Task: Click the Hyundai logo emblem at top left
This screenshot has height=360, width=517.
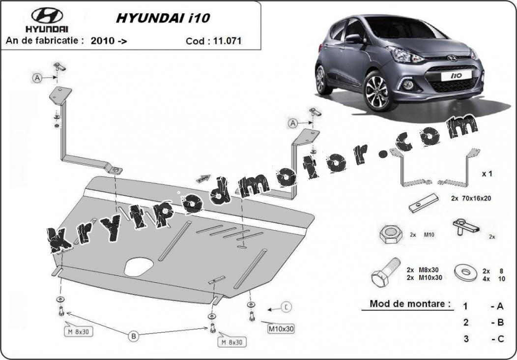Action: click(x=47, y=15)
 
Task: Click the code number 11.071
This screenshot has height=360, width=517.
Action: click(x=227, y=41)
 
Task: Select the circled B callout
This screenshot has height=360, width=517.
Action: click(x=134, y=336)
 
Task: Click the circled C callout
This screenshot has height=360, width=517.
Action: click(x=286, y=307)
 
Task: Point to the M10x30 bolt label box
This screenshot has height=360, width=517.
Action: click(x=281, y=329)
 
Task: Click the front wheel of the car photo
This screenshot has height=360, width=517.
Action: click(x=377, y=91)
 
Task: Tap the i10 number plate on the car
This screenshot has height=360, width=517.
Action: click(x=457, y=76)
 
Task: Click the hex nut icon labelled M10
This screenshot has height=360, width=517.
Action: click(x=390, y=234)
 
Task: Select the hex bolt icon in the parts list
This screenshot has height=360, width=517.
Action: click(x=386, y=272)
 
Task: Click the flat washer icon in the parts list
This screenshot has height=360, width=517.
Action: click(x=465, y=272)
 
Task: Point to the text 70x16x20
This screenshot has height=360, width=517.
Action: click(x=476, y=198)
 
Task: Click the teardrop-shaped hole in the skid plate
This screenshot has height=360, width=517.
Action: click(x=139, y=266)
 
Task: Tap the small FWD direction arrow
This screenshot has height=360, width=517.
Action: click(x=203, y=179)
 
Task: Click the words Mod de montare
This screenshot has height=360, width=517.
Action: click(x=410, y=303)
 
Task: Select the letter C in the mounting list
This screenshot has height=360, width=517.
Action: click(x=500, y=339)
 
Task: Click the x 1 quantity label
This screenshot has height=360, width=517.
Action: click(x=487, y=174)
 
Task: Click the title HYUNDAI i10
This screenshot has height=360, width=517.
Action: click(x=163, y=18)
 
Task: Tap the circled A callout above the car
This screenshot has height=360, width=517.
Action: click(x=293, y=123)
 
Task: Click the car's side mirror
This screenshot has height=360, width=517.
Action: click(x=353, y=39)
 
